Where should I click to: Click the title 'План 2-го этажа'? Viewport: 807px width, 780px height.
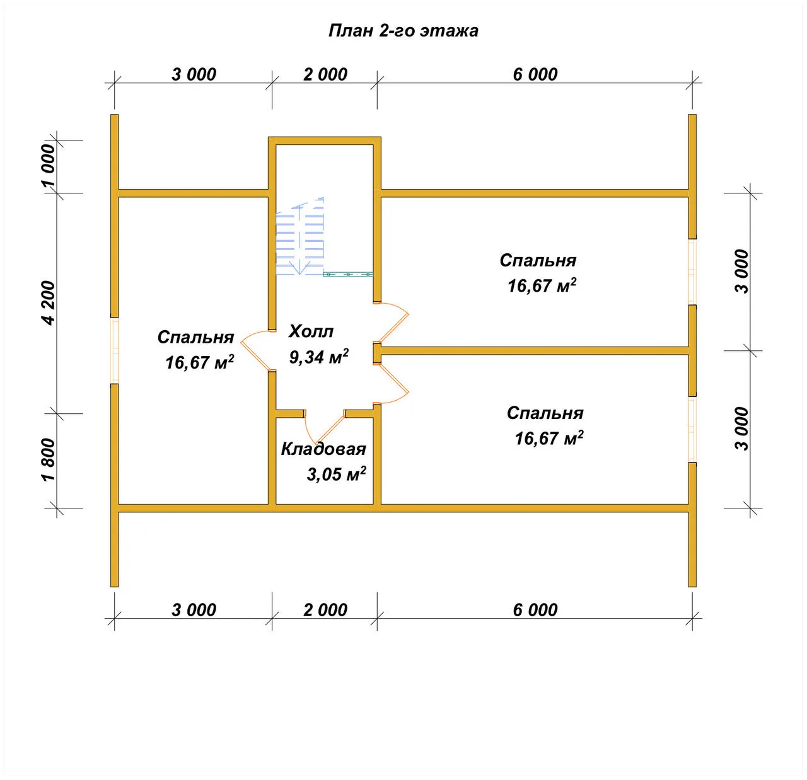tap(403, 31)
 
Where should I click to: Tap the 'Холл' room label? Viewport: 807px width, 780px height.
tap(311, 331)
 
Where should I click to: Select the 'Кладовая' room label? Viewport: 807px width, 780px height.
tap(323, 449)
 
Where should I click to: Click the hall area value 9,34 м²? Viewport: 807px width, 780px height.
tap(319, 357)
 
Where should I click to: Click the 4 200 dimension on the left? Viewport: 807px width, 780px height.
tap(49, 303)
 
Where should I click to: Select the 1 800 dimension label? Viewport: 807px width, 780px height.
tap(49, 460)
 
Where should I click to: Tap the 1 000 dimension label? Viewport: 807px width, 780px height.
tap(49, 165)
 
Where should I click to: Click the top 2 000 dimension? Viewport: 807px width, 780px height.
tap(325, 74)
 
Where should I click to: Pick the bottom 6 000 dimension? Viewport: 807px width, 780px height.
tap(535, 610)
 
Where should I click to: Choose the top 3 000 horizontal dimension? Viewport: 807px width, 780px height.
tap(194, 74)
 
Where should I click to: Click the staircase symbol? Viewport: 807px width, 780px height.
tap(300, 236)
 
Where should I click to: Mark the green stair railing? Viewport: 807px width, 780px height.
tap(348, 274)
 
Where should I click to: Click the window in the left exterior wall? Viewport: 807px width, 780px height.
tap(115, 351)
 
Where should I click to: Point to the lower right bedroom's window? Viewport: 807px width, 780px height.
tap(692, 429)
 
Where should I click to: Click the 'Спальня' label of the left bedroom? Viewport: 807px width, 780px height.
tap(195, 337)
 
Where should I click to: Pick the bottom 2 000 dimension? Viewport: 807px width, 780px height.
tap(325, 610)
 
